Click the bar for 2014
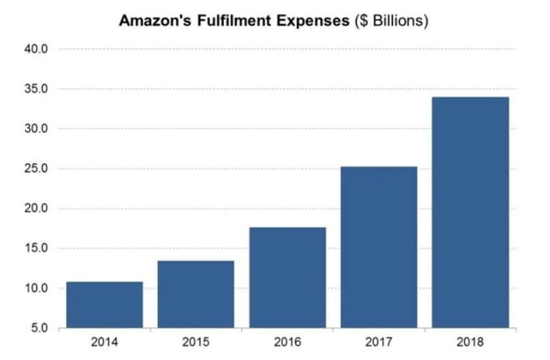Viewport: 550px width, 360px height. click(x=104, y=304)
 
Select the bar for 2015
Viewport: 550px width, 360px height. click(x=196, y=294)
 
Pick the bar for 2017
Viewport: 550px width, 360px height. click(x=379, y=247)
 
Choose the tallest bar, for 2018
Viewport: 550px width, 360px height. click(x=470, y=212)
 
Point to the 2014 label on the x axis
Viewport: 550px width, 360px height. click(x=104, y=342)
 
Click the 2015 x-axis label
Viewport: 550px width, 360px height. click(x=196, y=342)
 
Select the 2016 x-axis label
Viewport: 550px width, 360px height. click(x=287, y=342)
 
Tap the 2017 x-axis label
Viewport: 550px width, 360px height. click(x=379, y=342)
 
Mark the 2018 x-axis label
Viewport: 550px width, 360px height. click(x=470, y=342)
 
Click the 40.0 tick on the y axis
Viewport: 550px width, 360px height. click(x=37, y=50)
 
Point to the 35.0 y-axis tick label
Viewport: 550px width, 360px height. click(x=37, y=89)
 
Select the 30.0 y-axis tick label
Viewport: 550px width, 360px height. click(x=37, y=129)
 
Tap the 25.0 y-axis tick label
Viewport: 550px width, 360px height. click(x=37, y=169)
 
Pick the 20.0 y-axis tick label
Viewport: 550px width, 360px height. click(x=37, y=208)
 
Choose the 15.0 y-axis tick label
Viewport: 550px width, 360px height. click(x=37, y=248)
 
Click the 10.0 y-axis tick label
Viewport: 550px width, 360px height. click(x=37, y=288)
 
